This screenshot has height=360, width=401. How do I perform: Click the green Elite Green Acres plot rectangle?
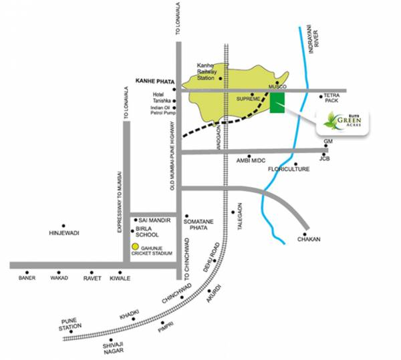[277, 104]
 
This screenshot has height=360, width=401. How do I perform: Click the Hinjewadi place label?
[64, 233]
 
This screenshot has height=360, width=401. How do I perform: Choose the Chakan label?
[309, 239]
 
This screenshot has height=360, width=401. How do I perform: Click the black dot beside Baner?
[27, 273]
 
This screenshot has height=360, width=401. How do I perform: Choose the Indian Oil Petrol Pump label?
[162, 111]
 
